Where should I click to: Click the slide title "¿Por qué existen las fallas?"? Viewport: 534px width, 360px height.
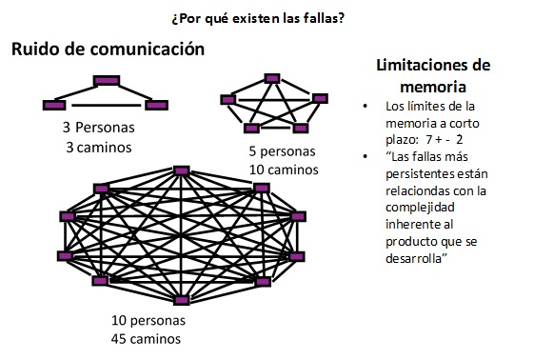(x=258, y=18)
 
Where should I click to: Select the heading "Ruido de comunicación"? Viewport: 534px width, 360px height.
(x=108, y=49)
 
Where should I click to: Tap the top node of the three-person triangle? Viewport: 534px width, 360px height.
(x=107, y=81)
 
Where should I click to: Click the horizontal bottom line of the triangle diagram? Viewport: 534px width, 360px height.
(x=107, y=106)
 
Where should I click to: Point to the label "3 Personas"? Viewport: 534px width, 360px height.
(x=99, y=128)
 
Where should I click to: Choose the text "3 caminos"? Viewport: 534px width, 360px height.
(x=99, y=148)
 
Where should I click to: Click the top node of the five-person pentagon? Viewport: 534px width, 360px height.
(x=272, y=79)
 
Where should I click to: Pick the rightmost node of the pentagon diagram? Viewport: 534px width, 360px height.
(x=320, y=99)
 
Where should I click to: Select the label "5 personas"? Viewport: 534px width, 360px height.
(x=282, y=151)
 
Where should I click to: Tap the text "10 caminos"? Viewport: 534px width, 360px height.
(x=284, y=170)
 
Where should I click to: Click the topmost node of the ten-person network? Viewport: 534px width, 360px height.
(x=182, y=170)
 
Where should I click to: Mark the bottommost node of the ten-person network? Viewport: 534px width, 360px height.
(x=181, y=300)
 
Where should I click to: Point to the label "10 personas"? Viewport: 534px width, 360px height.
(x=148, y=321)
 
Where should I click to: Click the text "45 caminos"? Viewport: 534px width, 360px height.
(x=146, y=339)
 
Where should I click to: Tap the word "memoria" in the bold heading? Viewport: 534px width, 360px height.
(x=433, y=87)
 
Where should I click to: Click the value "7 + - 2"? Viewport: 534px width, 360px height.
(x=445, y=140)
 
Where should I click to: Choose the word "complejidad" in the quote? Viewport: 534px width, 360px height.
(x=421, y=208)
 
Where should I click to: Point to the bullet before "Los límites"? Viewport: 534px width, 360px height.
(x=366, y=107)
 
